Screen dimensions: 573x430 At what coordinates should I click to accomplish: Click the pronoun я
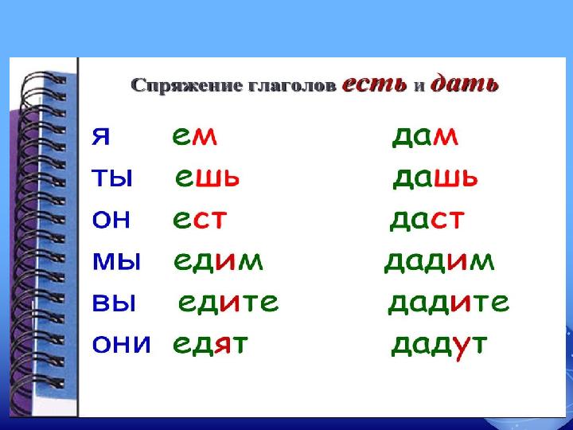click(101, 137)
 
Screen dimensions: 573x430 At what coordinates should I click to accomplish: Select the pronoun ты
click(112, 178)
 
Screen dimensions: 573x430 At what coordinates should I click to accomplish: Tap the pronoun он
click(111, 220)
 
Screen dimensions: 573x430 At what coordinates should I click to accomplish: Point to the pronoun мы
click(116, 261)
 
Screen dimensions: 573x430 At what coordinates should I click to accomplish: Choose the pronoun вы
click(114, 303)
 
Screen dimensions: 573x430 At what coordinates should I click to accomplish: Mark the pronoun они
click(121, 344)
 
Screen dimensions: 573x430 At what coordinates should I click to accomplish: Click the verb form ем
click(194, 137)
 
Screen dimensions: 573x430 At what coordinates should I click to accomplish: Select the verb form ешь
click(207, 178)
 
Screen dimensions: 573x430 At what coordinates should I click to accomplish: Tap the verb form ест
click(200, 220)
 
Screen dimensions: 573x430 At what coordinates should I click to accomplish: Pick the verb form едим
click(218, 262)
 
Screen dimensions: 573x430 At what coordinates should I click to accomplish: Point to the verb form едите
click(228, 303)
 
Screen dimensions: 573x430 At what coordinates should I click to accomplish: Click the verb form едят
click(210, 345)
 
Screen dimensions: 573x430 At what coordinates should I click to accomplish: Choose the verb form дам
click(425, 138)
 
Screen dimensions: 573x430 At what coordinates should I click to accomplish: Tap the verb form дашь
click(435, 179)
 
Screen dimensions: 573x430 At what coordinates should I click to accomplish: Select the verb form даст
click(427, 221)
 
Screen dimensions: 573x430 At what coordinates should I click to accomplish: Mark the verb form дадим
click(439, 262)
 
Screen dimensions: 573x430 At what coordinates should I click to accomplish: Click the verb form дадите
click(448, 303)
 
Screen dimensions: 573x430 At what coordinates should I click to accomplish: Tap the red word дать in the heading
click(465, 84)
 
